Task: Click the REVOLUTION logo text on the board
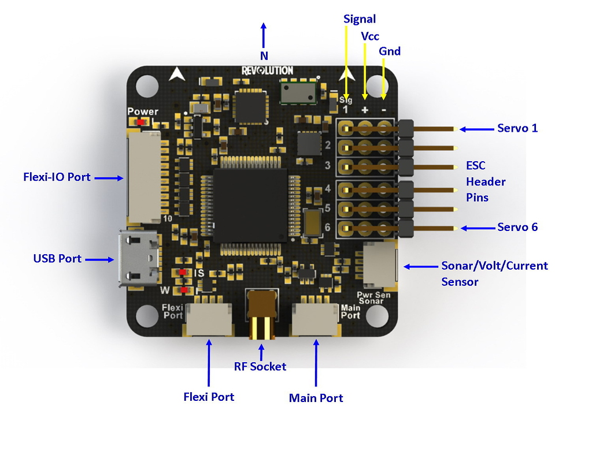pyautogui.click(x=267, y=70)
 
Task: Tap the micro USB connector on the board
pyautogui.click(x=139, y=258)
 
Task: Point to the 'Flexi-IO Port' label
pyautogui.click(x=57, y=177)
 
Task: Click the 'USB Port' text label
pyautogui.click(x=57, y=259)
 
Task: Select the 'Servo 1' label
pyautogui.click(x=517, y=128)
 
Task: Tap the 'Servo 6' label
pyautogui.click(x=517, y=228)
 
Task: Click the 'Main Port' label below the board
pyautogui.click(x=316, y=398)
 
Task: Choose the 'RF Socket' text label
pyautogui.click(x=260, y=366)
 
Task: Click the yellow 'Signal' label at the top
pyautogui.click(x=360, y=19)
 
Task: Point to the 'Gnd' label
pyautogui.click(x=390, y=51)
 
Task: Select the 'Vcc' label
pyautogui.click(x=370, y=36)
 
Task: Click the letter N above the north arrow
pyautogui.click(x=264, y=56)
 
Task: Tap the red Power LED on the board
pyautogui.click(x=139, y=121)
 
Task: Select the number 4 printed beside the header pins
pyautogui.click(x=327, y=188)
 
